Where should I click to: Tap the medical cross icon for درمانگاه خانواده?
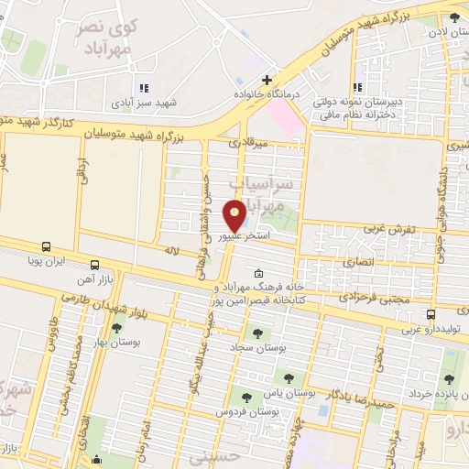click(x=266, y=81)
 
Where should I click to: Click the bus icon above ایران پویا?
click(x=47, y=246)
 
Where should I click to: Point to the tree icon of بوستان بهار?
click(x=116, y=327)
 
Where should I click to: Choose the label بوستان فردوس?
click(x=245, y=412)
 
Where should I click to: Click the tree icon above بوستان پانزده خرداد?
click(x=448, y=379)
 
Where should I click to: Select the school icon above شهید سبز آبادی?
click(x=143, y=89)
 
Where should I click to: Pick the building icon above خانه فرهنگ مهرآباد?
click(x=258, y=273)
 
